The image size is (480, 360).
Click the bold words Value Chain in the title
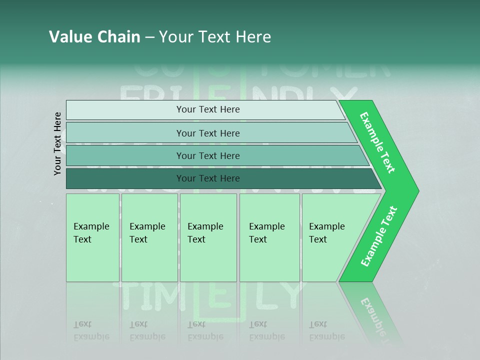tap(94, 37)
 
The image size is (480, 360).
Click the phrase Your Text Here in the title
tap(215, 37)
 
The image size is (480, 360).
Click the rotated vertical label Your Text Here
tap(57, 143)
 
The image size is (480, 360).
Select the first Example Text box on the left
tap(92, 237)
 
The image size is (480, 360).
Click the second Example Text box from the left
tap(149, 237)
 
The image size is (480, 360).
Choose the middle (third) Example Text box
tap(208, 237)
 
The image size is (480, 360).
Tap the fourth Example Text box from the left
tap(269, 237)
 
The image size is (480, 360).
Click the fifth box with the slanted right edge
tap(330, 237)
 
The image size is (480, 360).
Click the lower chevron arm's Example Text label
tap(379, 236)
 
